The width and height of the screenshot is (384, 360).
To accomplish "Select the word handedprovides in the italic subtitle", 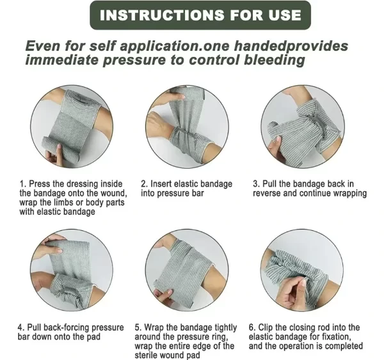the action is [291, 47].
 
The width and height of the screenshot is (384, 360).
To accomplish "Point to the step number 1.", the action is [22, 184].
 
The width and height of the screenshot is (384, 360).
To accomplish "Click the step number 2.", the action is [144, 184].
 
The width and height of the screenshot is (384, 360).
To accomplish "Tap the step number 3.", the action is [256, 184].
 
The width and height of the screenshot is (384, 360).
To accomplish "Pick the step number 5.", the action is [138, 327].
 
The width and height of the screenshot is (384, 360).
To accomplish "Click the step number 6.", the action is [252, 327].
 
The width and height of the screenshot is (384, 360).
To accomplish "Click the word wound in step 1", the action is [113, 193].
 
